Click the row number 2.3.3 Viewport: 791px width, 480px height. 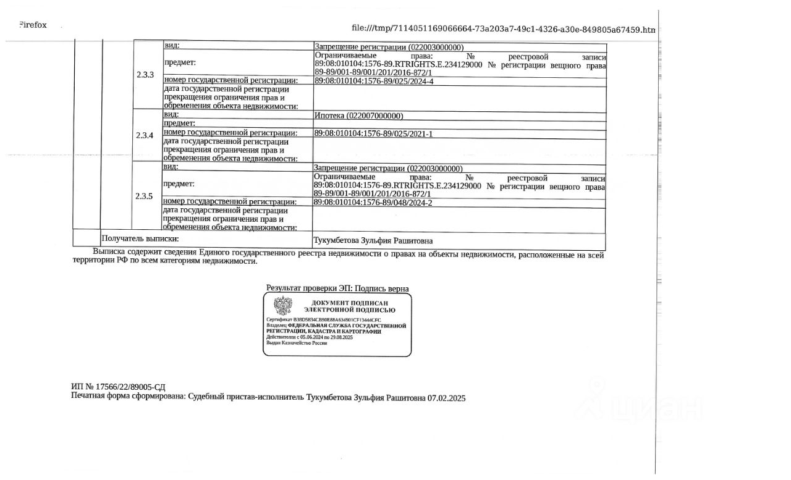coord(145,75)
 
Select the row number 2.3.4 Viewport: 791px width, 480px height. coord(145,135)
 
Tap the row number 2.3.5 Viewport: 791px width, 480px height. coord(144,196)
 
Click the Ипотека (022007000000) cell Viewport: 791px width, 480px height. coord(358,116)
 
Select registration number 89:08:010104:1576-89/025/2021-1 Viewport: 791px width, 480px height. coord(373,133)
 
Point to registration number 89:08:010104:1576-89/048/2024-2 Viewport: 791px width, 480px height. coord(373,202)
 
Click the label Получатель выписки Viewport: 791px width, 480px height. coord(140,238)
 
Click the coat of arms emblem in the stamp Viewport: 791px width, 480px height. coord(282,306)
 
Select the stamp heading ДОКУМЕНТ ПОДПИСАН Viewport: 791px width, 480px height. coord(349,303)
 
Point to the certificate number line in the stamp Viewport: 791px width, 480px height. coord(324,319)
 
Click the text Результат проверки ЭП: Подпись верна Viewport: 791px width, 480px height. coord(337,288)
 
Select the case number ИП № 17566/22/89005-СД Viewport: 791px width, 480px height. coord(118,387)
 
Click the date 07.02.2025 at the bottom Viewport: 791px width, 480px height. coord(446,398)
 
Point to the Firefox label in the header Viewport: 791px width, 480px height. coord(32,25)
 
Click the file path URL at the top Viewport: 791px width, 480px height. coord(503,29)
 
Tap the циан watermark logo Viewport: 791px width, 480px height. coord(643,405)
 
